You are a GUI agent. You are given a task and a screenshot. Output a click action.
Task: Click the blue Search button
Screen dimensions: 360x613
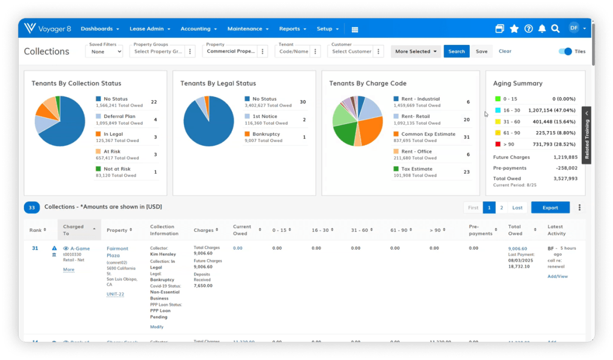tap(456, 52)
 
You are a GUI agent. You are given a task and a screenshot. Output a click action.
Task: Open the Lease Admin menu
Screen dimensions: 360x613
tap(150, 29)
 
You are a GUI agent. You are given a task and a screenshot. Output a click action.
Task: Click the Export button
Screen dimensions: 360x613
tap(550, 208)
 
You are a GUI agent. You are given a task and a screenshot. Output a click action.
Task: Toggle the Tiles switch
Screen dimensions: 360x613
tap(565, 52)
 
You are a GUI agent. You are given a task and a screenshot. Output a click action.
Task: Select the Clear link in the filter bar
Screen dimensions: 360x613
tap(505, 52)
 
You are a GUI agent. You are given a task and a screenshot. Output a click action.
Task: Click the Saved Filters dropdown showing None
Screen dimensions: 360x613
tap(104, 52)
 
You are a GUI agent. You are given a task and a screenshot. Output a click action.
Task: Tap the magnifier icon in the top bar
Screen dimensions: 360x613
tap(555, 29)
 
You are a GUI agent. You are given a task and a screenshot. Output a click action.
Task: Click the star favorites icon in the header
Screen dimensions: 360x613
tap(514, 29)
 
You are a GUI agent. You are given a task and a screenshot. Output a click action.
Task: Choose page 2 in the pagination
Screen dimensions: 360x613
tap(502, 208)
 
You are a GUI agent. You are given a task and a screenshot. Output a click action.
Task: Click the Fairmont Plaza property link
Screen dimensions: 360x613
tap(117, 252)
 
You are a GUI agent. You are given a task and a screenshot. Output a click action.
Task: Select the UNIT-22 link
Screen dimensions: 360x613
tap(115, 294)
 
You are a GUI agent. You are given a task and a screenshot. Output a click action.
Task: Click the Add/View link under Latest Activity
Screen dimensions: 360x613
tap(557, 276)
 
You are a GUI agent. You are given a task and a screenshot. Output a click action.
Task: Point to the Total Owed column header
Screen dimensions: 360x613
tap(515, 230)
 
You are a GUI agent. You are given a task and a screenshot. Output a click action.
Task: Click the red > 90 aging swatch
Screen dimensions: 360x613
tap(497, 144)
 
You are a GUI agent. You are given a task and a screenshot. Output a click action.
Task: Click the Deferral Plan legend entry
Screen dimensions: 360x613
tap(119, 117)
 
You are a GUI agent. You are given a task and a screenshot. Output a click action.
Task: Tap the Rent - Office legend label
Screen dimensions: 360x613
tap(416, 152)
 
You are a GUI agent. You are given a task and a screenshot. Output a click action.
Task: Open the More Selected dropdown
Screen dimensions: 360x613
tap(416, 52)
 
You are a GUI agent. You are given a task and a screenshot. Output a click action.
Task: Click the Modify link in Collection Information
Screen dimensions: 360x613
tap(156, 327)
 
